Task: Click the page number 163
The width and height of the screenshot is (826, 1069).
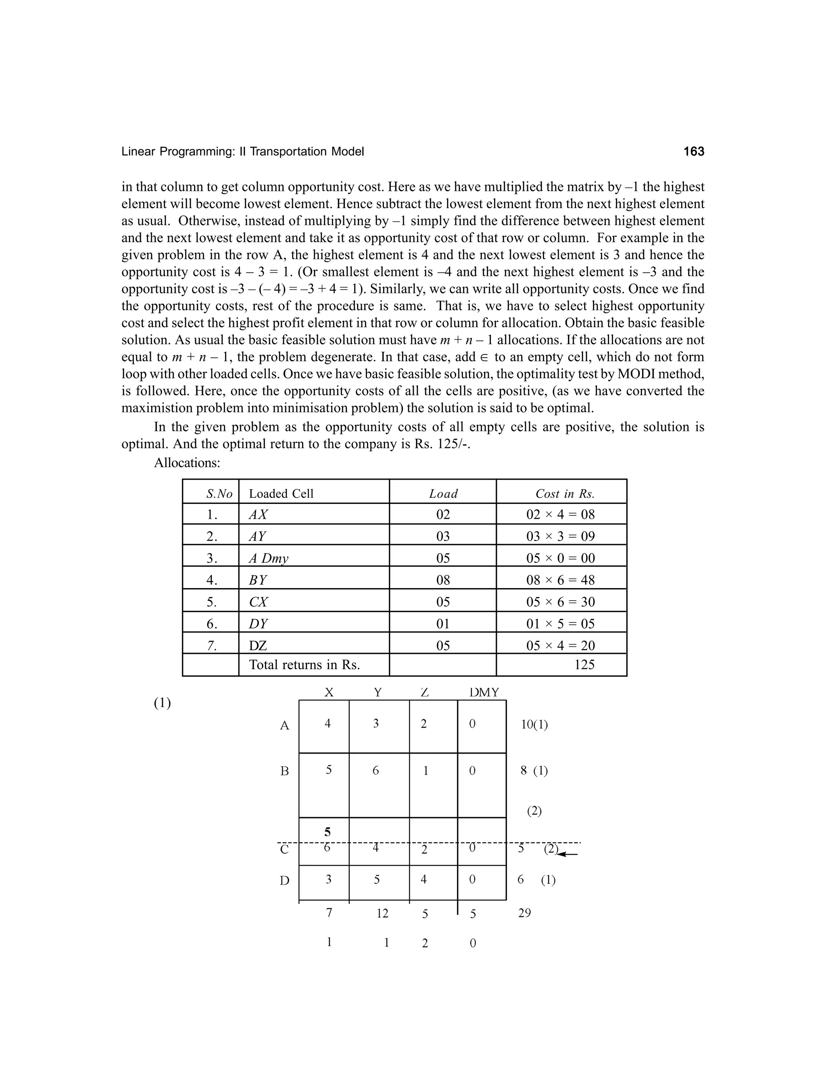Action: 693,152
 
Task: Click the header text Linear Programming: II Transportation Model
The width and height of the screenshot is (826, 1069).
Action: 243,152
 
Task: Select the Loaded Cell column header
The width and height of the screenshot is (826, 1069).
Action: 281,493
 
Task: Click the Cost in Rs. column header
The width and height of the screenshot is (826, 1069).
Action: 565,493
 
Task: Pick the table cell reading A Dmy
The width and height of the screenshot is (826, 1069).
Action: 268,558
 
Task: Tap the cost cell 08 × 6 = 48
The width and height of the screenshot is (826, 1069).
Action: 560,580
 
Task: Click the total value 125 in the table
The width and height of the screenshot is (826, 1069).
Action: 584,665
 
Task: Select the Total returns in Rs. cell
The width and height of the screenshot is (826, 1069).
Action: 305,665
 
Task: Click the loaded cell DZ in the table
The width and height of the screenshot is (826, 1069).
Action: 258,645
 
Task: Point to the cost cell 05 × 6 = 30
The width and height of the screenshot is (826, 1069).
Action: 560,601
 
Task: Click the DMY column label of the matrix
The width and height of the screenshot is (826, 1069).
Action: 484,693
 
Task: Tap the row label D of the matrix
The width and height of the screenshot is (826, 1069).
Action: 284,881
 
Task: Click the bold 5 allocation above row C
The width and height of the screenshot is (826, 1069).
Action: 327,832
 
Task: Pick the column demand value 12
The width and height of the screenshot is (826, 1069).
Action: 382,913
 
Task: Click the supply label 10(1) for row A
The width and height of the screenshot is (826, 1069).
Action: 534,725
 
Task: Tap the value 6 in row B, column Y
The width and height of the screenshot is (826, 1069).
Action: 375,770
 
